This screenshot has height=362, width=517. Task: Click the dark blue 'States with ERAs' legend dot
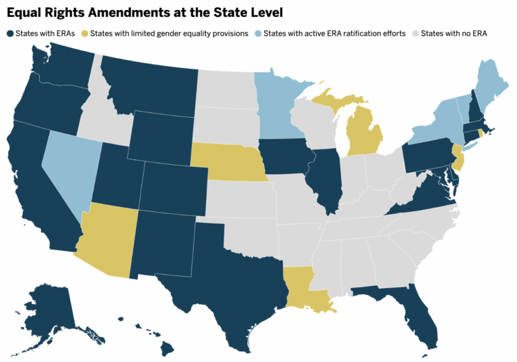pyautogui.click(x=9, y=34)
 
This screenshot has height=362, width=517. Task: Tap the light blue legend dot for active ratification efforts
pyautogui.click(x=258, y=34)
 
